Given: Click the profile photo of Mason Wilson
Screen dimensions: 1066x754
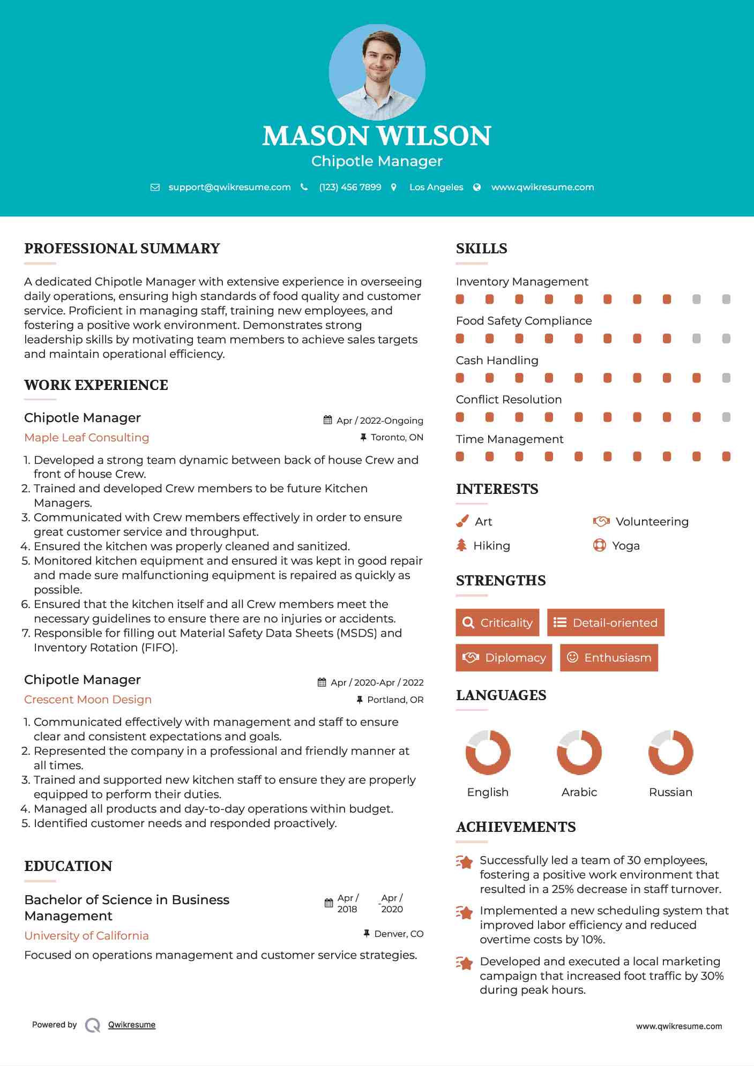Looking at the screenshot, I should (377, 72).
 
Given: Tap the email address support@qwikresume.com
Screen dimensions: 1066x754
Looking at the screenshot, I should (229, 187).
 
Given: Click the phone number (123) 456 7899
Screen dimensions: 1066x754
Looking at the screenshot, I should (350, 187).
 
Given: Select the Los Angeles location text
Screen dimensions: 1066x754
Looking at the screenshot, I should (436, 187).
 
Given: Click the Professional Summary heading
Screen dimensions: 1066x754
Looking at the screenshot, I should (122, 249).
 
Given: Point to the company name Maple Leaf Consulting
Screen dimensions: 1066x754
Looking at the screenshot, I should (87, 438).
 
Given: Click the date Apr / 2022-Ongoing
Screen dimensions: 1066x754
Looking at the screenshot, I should (379, 421).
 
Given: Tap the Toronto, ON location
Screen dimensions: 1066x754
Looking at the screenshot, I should (397, 437).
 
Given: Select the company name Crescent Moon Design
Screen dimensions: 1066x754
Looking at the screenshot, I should (88, 700).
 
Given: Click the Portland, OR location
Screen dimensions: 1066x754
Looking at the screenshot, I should (395, 700).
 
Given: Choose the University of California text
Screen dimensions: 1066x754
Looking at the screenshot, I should (87, 936).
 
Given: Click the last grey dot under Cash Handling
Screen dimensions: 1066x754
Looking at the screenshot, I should (726, 378).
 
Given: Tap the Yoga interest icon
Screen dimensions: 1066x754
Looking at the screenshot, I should (600, 545).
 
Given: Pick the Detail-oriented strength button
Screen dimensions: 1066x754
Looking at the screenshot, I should (606, 622).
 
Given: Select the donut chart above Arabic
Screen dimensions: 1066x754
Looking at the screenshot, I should (579, 752).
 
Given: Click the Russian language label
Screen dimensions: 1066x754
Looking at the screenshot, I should (670, 792).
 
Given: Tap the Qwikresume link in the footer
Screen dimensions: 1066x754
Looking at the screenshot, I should (132, 1025).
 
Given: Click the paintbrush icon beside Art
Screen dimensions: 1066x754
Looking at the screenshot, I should (462, 521).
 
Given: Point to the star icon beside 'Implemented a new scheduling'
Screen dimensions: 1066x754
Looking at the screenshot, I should (465, 912).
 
